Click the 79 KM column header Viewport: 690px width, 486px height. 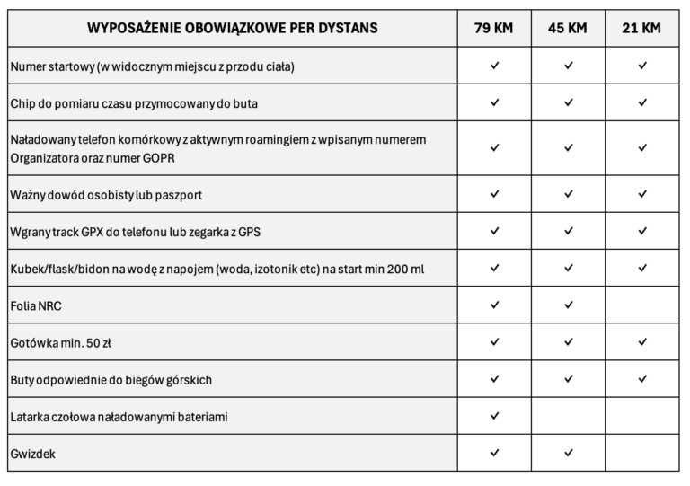(x=494, y=28)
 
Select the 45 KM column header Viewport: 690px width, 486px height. (x=568, y=28)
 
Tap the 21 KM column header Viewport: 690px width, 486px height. (x=641, y=28)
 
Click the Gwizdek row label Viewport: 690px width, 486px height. (x=31, y=454)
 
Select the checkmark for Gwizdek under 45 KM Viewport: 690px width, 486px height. (x=568, y=454)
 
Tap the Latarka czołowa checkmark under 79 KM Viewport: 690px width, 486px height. (x=494, y=417)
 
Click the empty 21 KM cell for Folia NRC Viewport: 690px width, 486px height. (x=641, y=305)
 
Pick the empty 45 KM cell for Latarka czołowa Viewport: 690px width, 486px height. (x=568, y=417)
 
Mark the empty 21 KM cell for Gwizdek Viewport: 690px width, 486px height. (x=641, y=454)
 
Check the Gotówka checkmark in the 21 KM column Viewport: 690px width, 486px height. (x=641, y=342)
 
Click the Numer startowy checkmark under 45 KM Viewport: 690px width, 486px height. (x=568, y=66)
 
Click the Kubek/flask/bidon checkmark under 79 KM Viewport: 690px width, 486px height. (x=494, y=269)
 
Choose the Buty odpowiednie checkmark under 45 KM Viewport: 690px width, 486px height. (x=568, y=379)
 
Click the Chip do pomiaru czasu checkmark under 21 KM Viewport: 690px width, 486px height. (x=641, y=102)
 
